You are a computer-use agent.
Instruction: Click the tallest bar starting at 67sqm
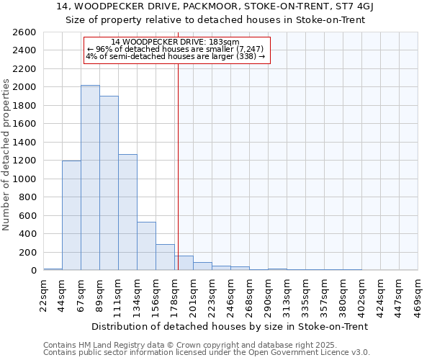tap(90, 178)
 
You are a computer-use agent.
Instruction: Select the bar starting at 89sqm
tap(109, 183)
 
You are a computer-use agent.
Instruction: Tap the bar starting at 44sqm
tap(71, 215)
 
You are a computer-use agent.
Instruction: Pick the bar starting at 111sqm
tap(127, 212)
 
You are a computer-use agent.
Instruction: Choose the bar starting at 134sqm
tap(146, 246)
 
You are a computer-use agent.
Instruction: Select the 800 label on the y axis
tap(27, 197)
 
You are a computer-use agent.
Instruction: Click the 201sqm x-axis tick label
tap(194, 296)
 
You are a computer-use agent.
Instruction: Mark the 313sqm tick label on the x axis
tap(287, 296)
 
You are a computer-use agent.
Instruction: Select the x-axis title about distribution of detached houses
tap(230, 326)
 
